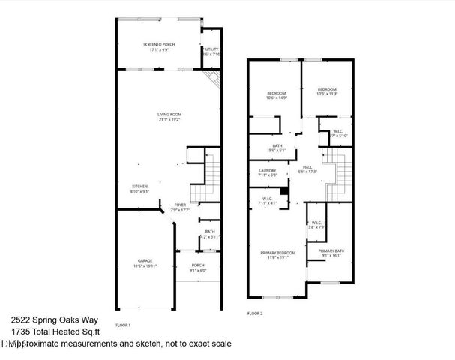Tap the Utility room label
pyautogui.click(x=211, y=49)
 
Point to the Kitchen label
pyautogui.click(x=140, y=188)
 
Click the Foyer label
pyautogui.click(x=180, y=207)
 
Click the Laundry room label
pyautogui.click(x=268, y=173)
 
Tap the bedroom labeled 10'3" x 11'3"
pyautogui.click(x=327, y=91)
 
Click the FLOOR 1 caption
pyautogui.click(x=124, y=325)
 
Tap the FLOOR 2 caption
pyautogui.click(x=255, y=313)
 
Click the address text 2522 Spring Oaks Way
pyautogui.click(x=45, y=318)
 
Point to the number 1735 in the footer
pyautogui.click(x=21, y=331)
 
